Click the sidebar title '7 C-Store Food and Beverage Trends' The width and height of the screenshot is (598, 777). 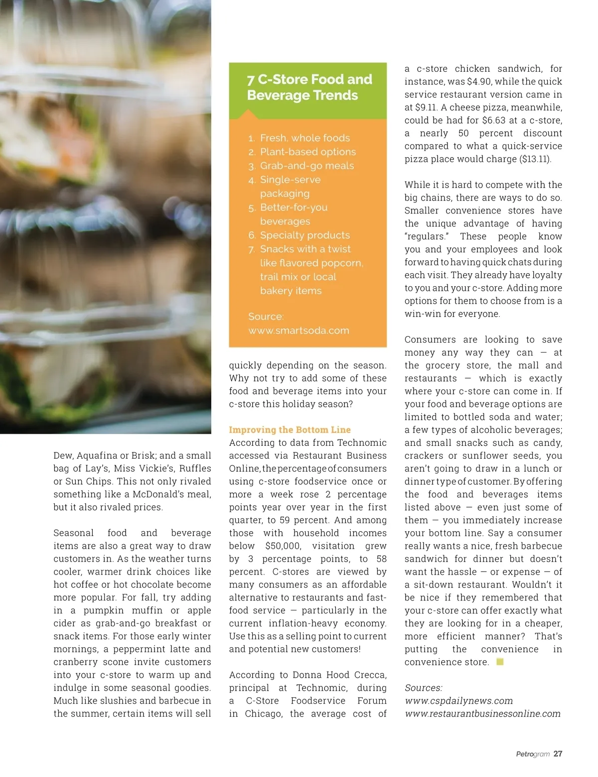(x=309, y=87)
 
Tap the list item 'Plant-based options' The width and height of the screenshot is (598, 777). (x=307, y=152)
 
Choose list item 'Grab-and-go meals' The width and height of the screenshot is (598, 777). (x=306, y=166)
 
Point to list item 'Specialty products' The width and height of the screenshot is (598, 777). (x=304, y=235)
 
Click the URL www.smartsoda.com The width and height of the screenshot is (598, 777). (x=299, y=331)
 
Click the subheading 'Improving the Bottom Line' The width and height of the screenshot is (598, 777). (x=290, y=430)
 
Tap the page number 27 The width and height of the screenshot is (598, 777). (x=558, y=754)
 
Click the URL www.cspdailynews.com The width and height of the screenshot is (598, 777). (x=458, y=701)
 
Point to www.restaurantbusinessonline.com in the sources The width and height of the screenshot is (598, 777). (x=482, y=714)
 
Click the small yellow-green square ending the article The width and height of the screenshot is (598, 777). (x=500, y=662)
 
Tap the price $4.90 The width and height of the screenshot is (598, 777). (x=478, y=82)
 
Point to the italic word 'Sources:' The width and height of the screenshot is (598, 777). (x=423, y=688)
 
